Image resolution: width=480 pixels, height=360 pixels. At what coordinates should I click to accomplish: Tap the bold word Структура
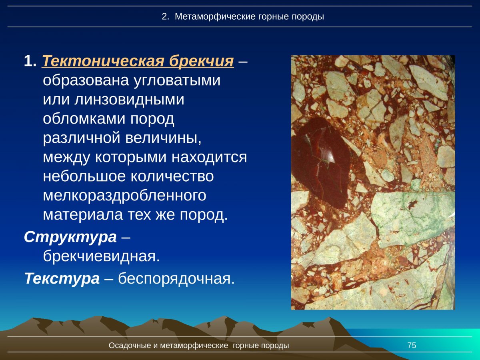[x=70, y=237]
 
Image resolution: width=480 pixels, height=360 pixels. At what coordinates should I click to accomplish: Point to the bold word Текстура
[x=62, y=278]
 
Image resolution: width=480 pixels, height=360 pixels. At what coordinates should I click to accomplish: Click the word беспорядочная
[x=176, y=278]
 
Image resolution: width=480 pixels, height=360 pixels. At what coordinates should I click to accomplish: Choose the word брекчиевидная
[x=101, y=256]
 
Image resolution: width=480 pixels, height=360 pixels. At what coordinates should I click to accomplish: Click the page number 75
[x=412, y=346]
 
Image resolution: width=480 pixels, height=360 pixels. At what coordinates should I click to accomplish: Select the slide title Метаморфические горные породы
[x=249, y=17]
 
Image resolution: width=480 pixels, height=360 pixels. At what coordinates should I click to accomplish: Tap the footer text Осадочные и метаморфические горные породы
[x=199, y=346]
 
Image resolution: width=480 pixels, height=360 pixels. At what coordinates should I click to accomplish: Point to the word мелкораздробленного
[x=124, y=196]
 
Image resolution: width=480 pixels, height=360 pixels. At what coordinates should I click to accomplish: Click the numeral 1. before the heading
[x=30, y=61]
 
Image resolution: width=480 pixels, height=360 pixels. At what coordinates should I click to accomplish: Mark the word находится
[x=209, y=157]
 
